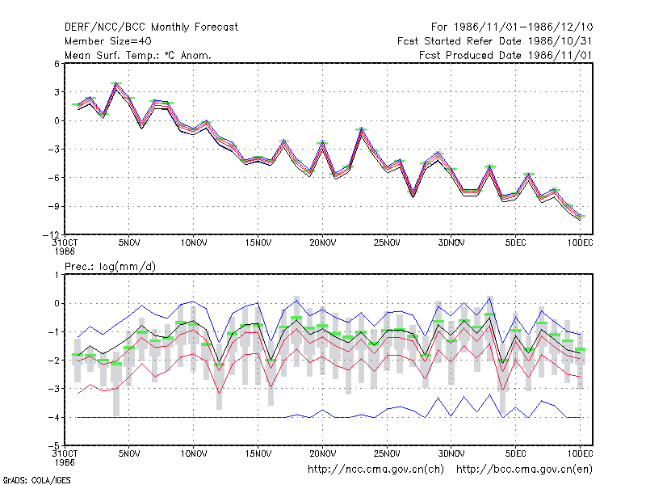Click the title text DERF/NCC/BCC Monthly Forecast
pos(151,27)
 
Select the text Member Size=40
pos(108,41)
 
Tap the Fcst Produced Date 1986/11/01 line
pos(505,55)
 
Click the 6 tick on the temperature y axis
pos(57,64)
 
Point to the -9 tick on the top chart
pos(53,206)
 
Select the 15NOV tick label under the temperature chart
pos(258,242)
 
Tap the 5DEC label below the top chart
pos(516,242)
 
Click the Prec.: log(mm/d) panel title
pos(110,267)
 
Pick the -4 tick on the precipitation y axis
pos(53,417)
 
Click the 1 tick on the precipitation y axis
pos(57,275)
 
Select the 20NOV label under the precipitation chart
pos(322,453)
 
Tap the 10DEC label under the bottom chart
pos(580,453)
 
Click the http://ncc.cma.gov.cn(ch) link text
pos(375,470)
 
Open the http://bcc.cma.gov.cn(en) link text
pos(524,470)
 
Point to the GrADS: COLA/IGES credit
pos(36,480)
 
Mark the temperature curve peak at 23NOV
pos(361,129)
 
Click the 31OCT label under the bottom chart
pos(65,453)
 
